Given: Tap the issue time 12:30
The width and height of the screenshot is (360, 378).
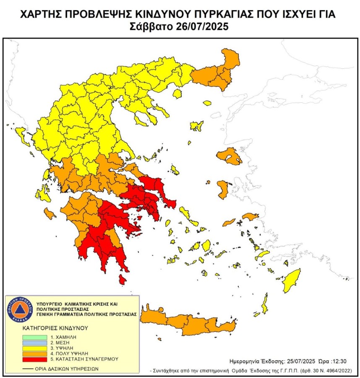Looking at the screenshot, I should (x=340, y=361).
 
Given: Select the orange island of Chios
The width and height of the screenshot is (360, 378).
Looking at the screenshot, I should (x=222, y=189).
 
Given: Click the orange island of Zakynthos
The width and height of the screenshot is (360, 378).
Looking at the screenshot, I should (x=50, y=214).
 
